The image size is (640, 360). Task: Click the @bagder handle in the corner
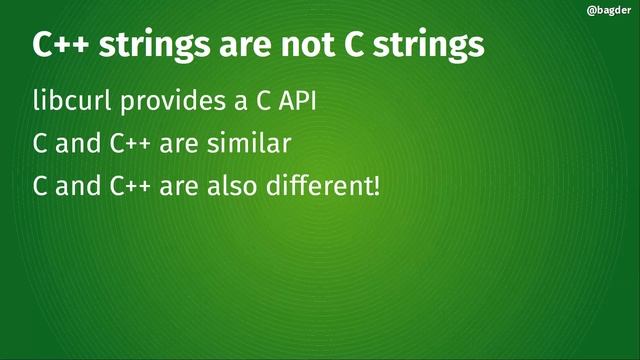(x=606, y=12)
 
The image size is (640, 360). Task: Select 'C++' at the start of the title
(x=60, y=46)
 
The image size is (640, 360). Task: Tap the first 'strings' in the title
(x=150, y=47)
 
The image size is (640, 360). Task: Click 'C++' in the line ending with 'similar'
(x=130, y=143)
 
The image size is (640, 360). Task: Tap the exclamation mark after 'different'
(x=376, y=185)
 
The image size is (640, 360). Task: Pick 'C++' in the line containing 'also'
(x=130, y=185)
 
